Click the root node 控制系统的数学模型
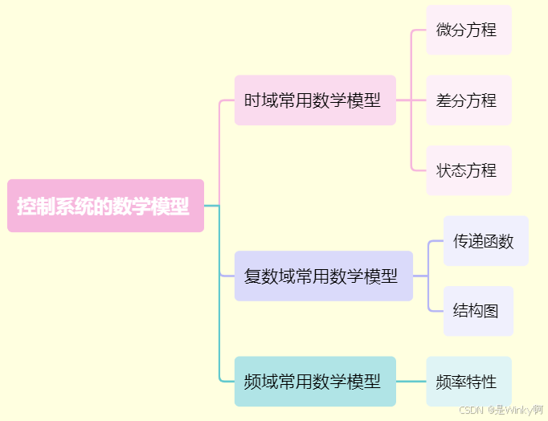(105, 206)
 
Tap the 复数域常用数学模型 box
(323, 276)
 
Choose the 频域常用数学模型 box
(315, 382)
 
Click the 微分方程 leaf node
(468, 30)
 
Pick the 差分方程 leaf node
(468, 100)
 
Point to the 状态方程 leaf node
(468, 170)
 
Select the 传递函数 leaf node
(485, 241)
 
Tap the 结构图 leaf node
(477, 311)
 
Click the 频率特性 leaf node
(468, 382)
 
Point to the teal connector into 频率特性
(411, 382)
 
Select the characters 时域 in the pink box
(258, 100)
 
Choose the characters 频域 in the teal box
(258, 382)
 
